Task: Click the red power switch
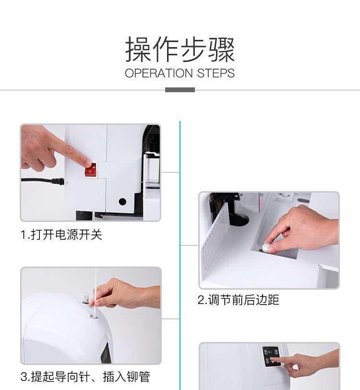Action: [x=91, y=170]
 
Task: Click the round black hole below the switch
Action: [x=122, y=201]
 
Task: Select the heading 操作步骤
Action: [x=180, y=49]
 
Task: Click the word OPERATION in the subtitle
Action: [x=159, y=73]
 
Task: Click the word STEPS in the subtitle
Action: [x=216, y=73]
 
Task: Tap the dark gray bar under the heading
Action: [x=180, y=90]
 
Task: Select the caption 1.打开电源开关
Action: [x=61, y=234]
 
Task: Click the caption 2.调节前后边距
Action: [x=239, y=300]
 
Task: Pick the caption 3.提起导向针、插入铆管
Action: [x=85, y=377]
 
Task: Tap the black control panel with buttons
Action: [x=271, y=356]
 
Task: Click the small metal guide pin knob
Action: [x=86, y=298]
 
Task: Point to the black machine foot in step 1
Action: [x=84, y=215]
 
